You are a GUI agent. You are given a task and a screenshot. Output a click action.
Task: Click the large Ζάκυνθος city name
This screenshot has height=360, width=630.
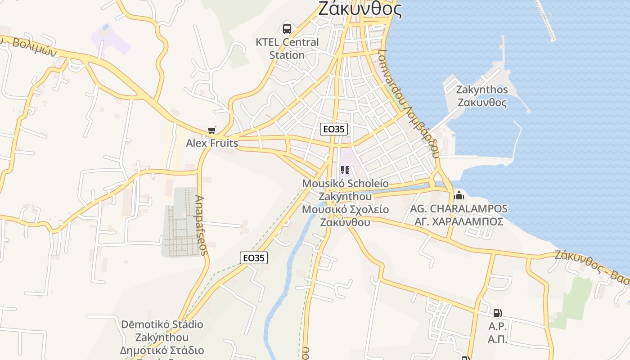[x=360, y=9]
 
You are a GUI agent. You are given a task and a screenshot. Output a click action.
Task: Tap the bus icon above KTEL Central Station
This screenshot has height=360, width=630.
[x=287, y=29]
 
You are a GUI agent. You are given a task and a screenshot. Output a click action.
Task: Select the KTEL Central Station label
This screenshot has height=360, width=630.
[x=287, y=49]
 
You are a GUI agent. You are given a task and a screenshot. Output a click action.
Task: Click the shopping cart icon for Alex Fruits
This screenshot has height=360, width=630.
[x=212, y=130]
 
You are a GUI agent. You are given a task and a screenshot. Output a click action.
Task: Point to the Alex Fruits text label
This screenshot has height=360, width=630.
[x=212, y=143]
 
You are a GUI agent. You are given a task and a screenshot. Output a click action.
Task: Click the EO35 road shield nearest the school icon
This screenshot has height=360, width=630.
[x=334, y=129]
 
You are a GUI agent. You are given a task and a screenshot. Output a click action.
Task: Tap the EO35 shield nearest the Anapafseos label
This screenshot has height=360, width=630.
[x=253, y=258]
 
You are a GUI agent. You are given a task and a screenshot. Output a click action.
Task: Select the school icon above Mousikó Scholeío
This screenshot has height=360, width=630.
[x=345, y=170]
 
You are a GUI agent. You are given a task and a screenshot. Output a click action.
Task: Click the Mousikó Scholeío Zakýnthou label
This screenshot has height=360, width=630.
[x=345, y=190]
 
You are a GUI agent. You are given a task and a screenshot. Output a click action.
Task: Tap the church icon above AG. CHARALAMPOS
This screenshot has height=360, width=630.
[x=459, y=195]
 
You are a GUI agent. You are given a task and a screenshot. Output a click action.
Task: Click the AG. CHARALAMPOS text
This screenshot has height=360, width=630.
[x=459, y=209]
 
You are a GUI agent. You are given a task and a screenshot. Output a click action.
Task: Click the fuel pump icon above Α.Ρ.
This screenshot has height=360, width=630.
[x=497, y=313]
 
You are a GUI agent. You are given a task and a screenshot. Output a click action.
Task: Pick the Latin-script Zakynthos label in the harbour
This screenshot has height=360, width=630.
[x=482, y=90]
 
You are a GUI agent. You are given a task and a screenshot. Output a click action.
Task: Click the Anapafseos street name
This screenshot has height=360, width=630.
[x=202, y=225]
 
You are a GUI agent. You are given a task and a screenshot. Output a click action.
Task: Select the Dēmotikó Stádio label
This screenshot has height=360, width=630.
[x=162, y=324]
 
